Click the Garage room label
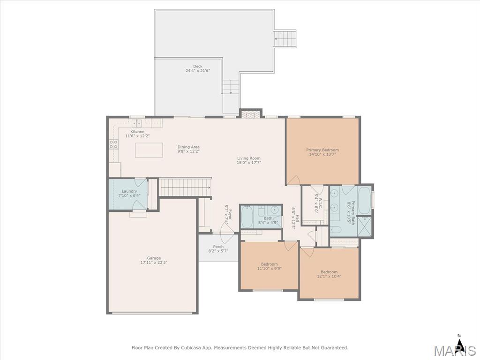pos(154,258)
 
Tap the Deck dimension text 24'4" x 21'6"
pos(198,71)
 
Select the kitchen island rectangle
pos(149,150)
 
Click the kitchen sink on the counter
pos(137,123)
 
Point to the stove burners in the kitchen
pos(113,144)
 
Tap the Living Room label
pos(249,158)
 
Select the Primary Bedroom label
pos(322,150)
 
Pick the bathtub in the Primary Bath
pos(364,201)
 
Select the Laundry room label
pos(129,191)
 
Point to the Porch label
pos(218,247)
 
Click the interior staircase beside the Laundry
pos(185,187)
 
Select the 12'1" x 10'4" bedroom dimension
pos(329,276)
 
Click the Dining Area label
pos(188,147)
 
